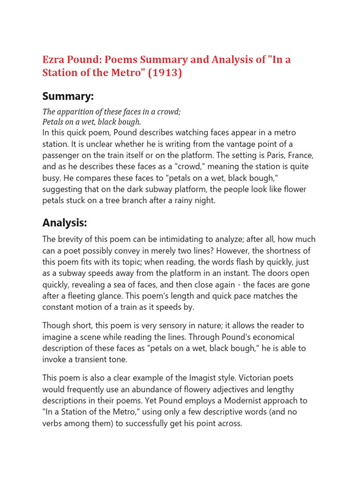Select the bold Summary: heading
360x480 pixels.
(68, 97)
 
